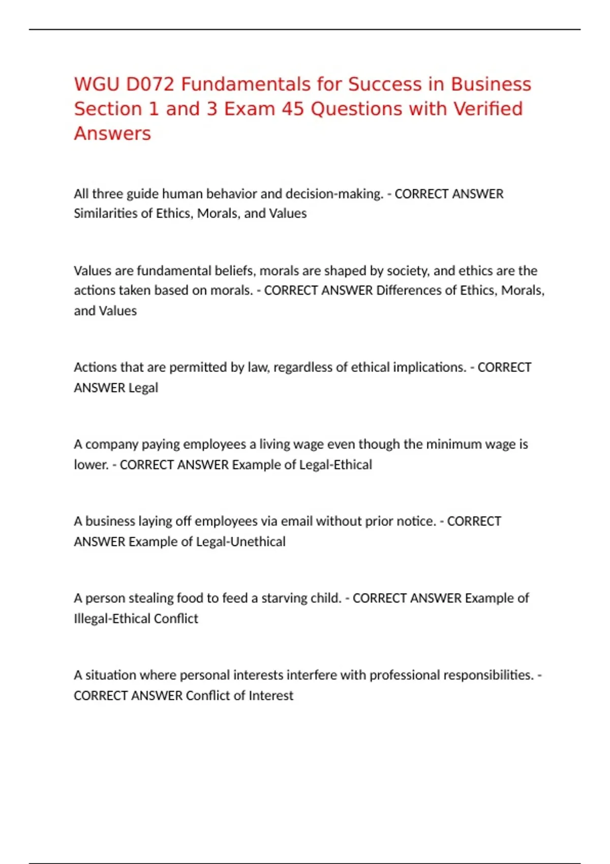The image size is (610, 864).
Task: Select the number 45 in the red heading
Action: pyautogui.click(x=292, y=109)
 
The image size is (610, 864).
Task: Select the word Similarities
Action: pyautogui.click(x=105, y=213)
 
